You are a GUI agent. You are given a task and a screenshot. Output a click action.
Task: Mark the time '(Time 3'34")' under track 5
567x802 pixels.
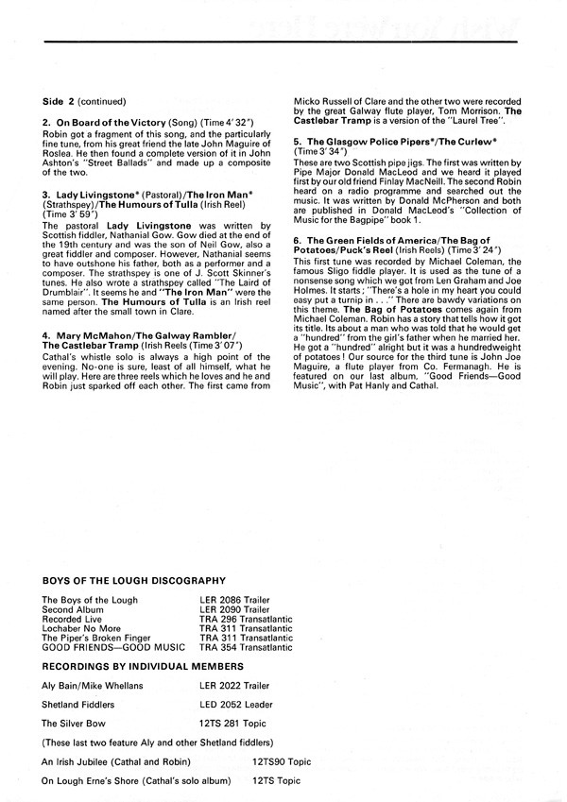pyautogui.click(x=321, y=150)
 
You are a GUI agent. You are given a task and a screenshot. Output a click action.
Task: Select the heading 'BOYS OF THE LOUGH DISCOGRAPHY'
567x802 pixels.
pyautogui.click(x=133, y=579)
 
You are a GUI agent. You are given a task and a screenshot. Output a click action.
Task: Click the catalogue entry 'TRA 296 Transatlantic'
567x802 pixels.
pyautogui.click(x=246, y=620)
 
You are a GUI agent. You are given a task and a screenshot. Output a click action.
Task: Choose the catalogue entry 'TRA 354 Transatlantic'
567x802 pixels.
pyautogui.click(x=246, y=648)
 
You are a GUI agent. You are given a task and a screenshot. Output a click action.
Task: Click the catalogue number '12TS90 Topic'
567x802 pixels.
pyautogui.click(x=282, y=760)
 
